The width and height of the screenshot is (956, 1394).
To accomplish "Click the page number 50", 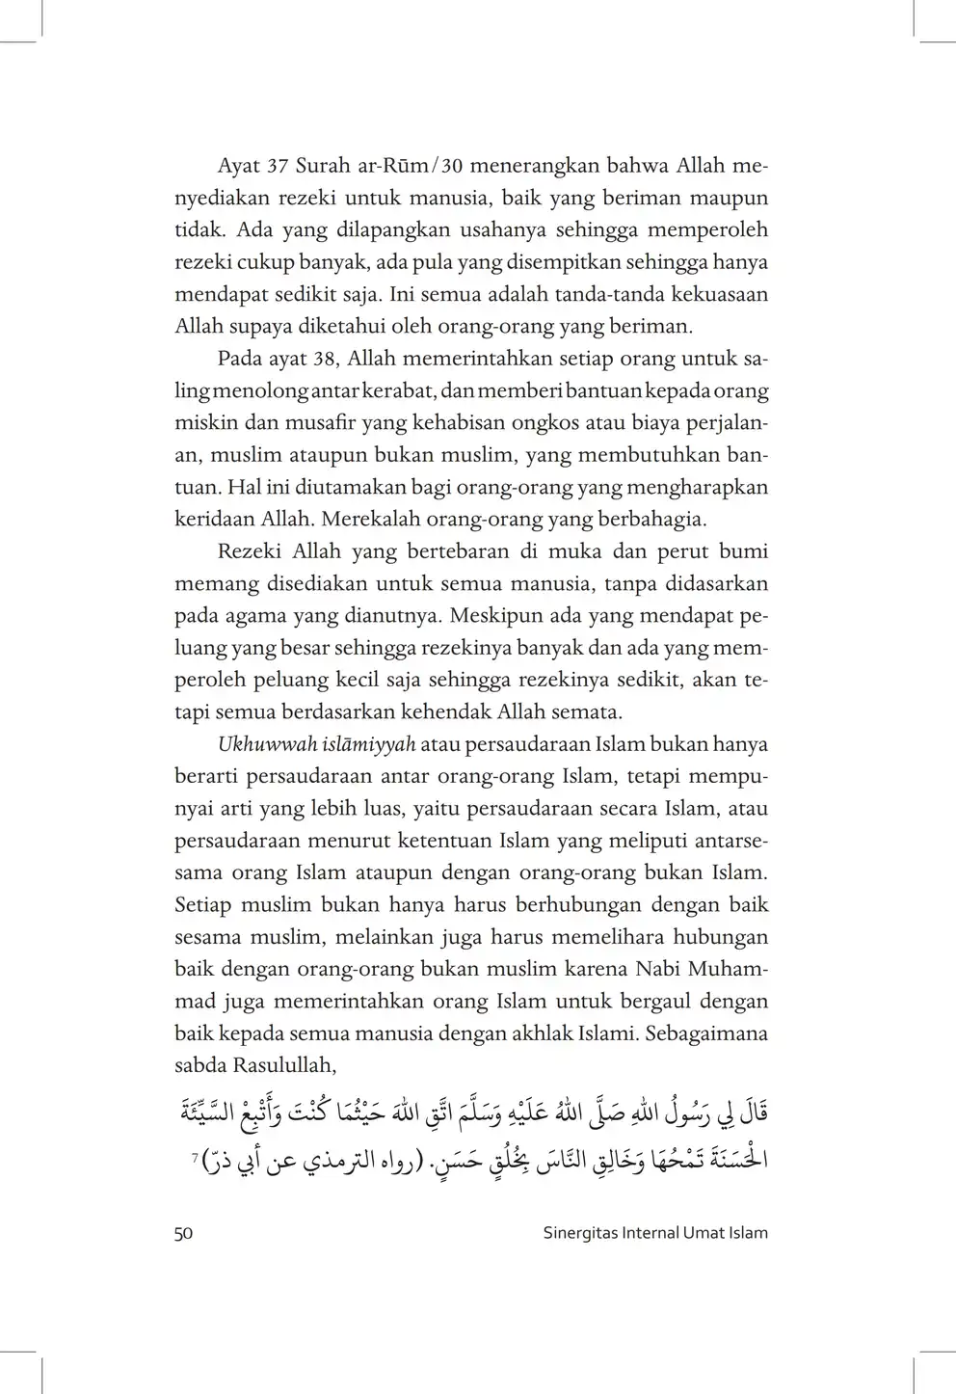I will click(183, 1233).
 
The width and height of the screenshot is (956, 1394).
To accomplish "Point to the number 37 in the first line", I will click(278, 166).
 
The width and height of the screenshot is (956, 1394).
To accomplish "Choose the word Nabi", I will click(655, 969).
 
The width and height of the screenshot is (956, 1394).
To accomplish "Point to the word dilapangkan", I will click(337, 230).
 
